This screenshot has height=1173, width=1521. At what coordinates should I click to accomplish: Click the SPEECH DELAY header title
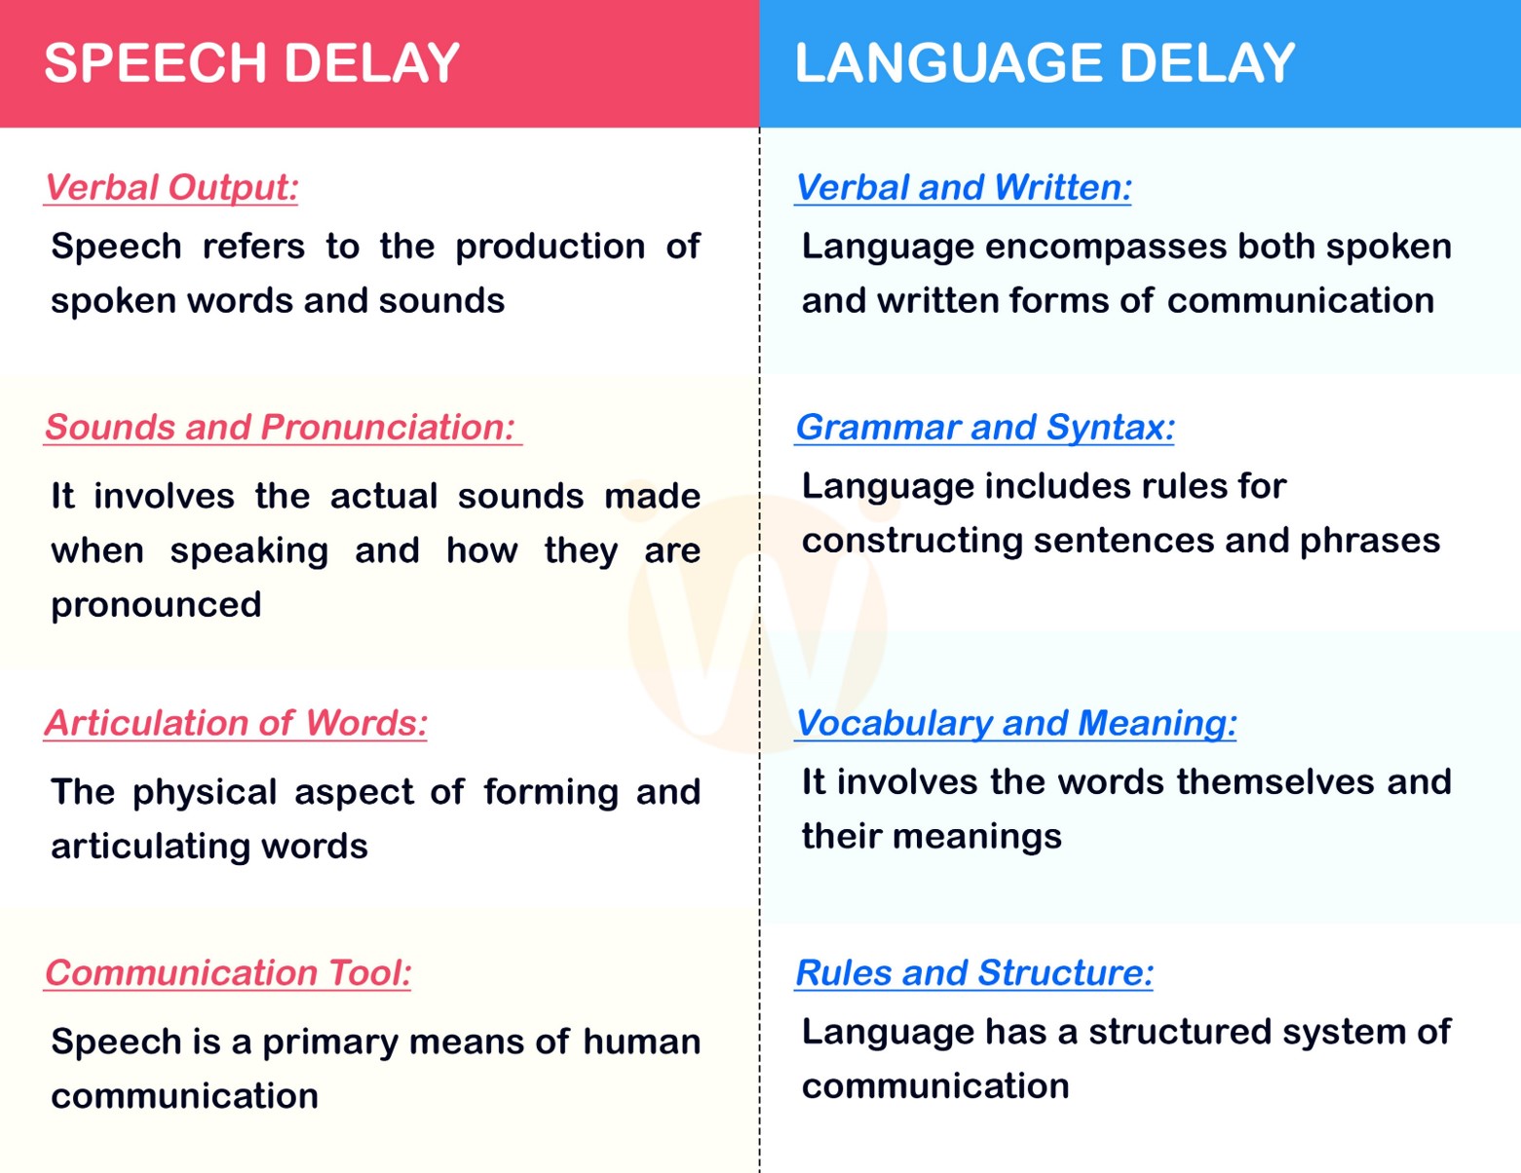[x=251, y=63]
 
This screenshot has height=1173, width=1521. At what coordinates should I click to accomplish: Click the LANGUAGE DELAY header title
[x=1045, y=63]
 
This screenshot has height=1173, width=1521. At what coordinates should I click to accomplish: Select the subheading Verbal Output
[x=171, y=187]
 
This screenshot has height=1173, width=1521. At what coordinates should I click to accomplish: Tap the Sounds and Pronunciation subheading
[x=281, y=427]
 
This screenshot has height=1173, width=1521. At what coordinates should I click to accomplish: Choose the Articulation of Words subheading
[x=236, y=723]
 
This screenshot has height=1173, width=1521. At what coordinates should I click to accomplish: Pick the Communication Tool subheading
[x=228, y=972]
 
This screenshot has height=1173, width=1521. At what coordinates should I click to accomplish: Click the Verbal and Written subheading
[x=964, y=187]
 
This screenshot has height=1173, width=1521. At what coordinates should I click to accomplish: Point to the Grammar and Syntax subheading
[x=985, y=427]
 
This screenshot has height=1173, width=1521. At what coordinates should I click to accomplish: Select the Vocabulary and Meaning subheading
[x=1016, y=723]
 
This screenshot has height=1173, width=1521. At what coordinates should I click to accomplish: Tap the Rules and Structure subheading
[x=974, y=972]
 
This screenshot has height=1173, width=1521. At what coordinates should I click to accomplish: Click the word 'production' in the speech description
[x=550, y=247]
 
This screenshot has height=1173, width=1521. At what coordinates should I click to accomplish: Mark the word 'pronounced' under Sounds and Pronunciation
[x=156, y=605]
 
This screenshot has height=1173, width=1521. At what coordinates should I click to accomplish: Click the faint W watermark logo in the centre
[x=757, y=624]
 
